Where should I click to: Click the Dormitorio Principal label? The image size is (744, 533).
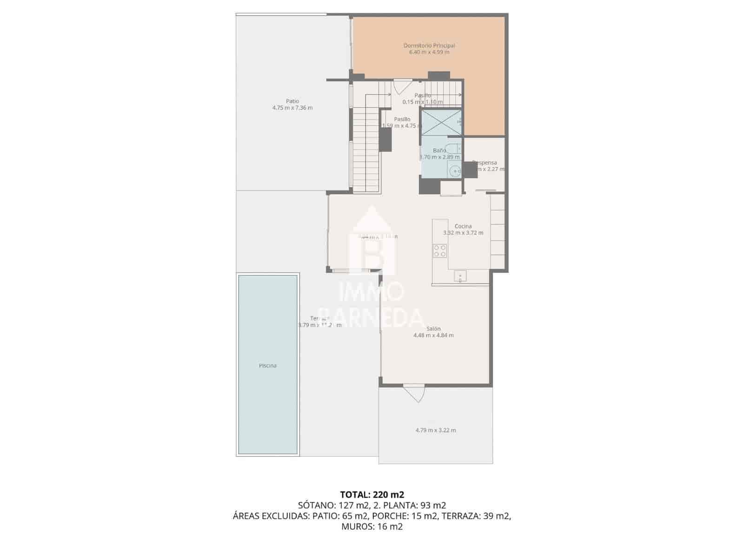point(429,46)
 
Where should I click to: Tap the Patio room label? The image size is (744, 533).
point(292,101)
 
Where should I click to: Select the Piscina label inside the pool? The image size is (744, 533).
point(267,366)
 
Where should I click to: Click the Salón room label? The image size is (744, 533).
point(433,329)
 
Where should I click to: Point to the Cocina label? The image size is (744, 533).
point(463,226)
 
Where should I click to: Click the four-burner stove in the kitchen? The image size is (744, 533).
point(440,251)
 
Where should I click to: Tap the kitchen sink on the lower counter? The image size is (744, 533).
point(460,276)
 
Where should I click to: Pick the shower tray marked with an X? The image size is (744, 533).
point(441,122)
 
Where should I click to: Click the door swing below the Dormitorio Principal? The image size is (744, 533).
point(401,87)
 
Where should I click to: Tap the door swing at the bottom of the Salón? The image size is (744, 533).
point(414,393)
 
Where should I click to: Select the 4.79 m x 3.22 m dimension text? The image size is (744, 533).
point(435,430)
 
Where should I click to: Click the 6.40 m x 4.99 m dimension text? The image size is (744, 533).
point(429,52)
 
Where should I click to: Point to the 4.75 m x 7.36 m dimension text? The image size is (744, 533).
point(292,108)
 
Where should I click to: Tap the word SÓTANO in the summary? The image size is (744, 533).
point(314,505)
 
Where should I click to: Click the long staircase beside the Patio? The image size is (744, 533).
point(366,149)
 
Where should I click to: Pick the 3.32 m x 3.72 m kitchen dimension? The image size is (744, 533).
point(463,233)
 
